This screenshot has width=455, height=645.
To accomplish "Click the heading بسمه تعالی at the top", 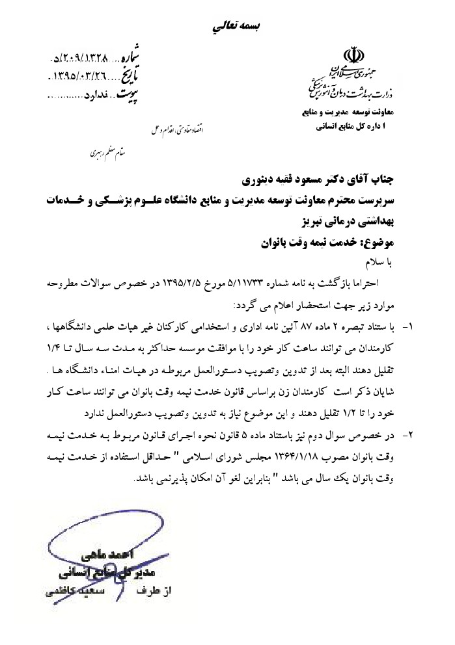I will (x=235, y=26).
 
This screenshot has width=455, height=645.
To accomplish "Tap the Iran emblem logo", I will (x=352, y=56).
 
